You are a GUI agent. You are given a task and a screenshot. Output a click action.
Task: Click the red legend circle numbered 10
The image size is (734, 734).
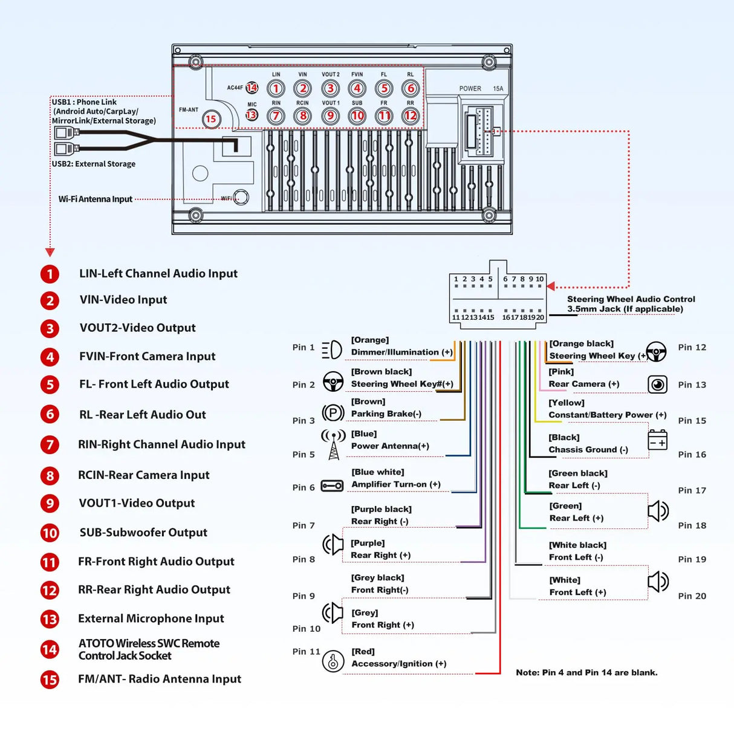(50, 533)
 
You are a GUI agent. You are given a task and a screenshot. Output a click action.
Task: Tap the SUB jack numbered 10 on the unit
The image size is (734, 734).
(357, 115)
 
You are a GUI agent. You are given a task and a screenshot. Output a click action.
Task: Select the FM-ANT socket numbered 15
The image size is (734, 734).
(210, 119)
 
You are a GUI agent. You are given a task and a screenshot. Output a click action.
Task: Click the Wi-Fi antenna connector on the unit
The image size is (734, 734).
(241, 197)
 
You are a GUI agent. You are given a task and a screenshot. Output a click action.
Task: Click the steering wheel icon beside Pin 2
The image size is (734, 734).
(333, 382)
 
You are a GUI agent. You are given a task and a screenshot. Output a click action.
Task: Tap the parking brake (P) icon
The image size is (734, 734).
(333, 413)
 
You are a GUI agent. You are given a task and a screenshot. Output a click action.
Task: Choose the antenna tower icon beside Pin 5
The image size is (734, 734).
(334, 444)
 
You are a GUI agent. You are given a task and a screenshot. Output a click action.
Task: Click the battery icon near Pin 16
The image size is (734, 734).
(657, 440)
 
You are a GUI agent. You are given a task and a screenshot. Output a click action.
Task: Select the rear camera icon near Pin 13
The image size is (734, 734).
(657, 385)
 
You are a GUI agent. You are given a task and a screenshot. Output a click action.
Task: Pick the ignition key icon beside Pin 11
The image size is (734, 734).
(333, 661)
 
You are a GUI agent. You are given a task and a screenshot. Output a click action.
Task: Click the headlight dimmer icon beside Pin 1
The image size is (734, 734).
(332, 349)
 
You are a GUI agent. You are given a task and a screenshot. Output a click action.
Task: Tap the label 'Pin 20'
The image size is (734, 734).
(692, 596)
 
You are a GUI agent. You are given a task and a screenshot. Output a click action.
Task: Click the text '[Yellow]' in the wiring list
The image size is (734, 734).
(567, 403)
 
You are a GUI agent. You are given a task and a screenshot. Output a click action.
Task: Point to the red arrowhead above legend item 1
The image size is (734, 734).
(50, 252)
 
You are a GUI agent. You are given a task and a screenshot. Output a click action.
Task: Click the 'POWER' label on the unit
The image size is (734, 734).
(470, 89)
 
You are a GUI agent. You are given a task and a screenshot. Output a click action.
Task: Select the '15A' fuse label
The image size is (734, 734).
(498, 89)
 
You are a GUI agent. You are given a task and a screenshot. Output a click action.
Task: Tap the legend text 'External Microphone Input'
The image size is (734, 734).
(151, 619)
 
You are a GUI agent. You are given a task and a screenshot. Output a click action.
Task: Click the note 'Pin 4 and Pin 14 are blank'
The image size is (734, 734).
(586, 672)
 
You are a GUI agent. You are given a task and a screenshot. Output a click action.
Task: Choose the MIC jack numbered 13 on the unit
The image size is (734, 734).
(252, 115)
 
